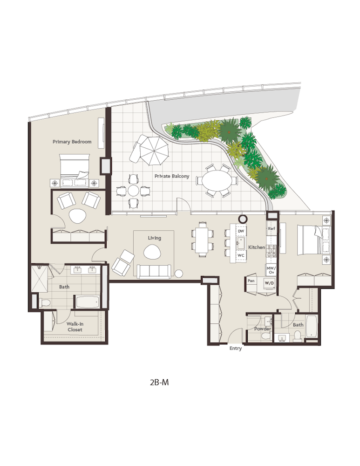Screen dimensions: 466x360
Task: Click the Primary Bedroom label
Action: (x=72, y=142)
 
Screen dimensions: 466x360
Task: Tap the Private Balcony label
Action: (x=172, y=176)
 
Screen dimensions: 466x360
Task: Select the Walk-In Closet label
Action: (x=75, y=326)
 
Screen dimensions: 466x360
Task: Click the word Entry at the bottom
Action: (x=236, y=349)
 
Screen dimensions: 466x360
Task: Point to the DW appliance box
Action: (x=241, y=231)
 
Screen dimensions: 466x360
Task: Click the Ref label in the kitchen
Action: (x=271, y=229)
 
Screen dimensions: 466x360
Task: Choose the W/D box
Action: (x=269, y=283)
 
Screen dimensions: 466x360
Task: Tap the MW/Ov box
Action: (x=271, y=269)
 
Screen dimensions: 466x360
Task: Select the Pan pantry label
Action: (x=251, y=281)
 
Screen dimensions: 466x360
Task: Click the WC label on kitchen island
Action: (x=241, y=255)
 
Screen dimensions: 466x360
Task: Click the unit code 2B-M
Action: (x=159, y=382)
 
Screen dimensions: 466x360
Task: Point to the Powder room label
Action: (x=262, y=329)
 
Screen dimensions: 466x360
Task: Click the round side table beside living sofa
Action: (x=179, y=274)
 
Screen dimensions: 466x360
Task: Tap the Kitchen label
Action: (x=256, y=247)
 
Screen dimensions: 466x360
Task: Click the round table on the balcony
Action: (x=134, y=190)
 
